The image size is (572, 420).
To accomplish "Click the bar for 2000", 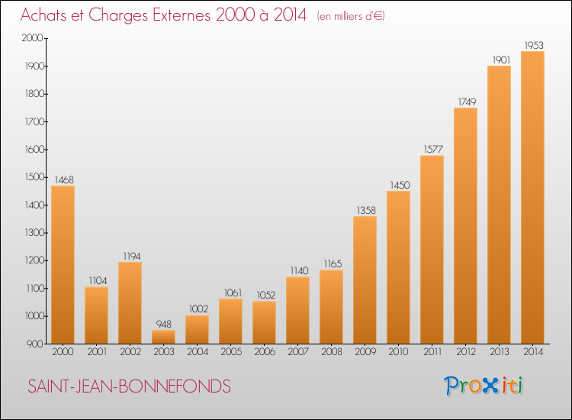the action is pyautogui.click(x=63, y=265).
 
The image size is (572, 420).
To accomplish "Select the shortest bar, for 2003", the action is pyautogui.click(x=163, y=337).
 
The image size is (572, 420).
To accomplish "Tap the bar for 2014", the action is pyautogui.click(x=532, y=198).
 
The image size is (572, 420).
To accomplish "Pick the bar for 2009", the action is pyautogui.click(x=365, y=280).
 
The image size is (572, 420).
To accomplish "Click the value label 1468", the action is pyautogui.click(x=64, y=179).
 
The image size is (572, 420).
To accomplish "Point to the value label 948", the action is pyautogui.click(x=164, y=325).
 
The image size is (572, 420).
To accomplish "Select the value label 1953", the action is pyautogui.click(x=534, y=45).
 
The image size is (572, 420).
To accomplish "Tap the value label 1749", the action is pyautogui.click(x=467, y=102).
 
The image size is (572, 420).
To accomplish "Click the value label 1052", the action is pyautogui.click(x=266, y=295).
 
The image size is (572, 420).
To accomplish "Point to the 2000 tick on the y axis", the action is pyautogui.click(x=33, y=38).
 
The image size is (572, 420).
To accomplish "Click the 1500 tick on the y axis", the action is pyautogui.click(x=34, y=177).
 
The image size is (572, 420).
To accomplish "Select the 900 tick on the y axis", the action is pyautogui.click(x=36, y=344).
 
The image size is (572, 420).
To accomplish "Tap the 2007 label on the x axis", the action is pyautogui.click(x=298, y=352).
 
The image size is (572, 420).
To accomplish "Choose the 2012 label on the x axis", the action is pyautogui.click(x=466, y=352).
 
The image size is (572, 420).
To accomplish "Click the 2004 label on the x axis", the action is pyautogui.click(x=198, y=352).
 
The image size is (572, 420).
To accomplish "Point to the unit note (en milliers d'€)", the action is pyautogui.click(x=351, y=16).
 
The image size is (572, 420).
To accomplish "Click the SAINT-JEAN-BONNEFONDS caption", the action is pyautogui.click(x=129, y=386).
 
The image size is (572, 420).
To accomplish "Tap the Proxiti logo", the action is pyautogui.click(x=484, y=386).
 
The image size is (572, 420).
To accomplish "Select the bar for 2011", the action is pyautogui.click(x=432, y=250).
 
